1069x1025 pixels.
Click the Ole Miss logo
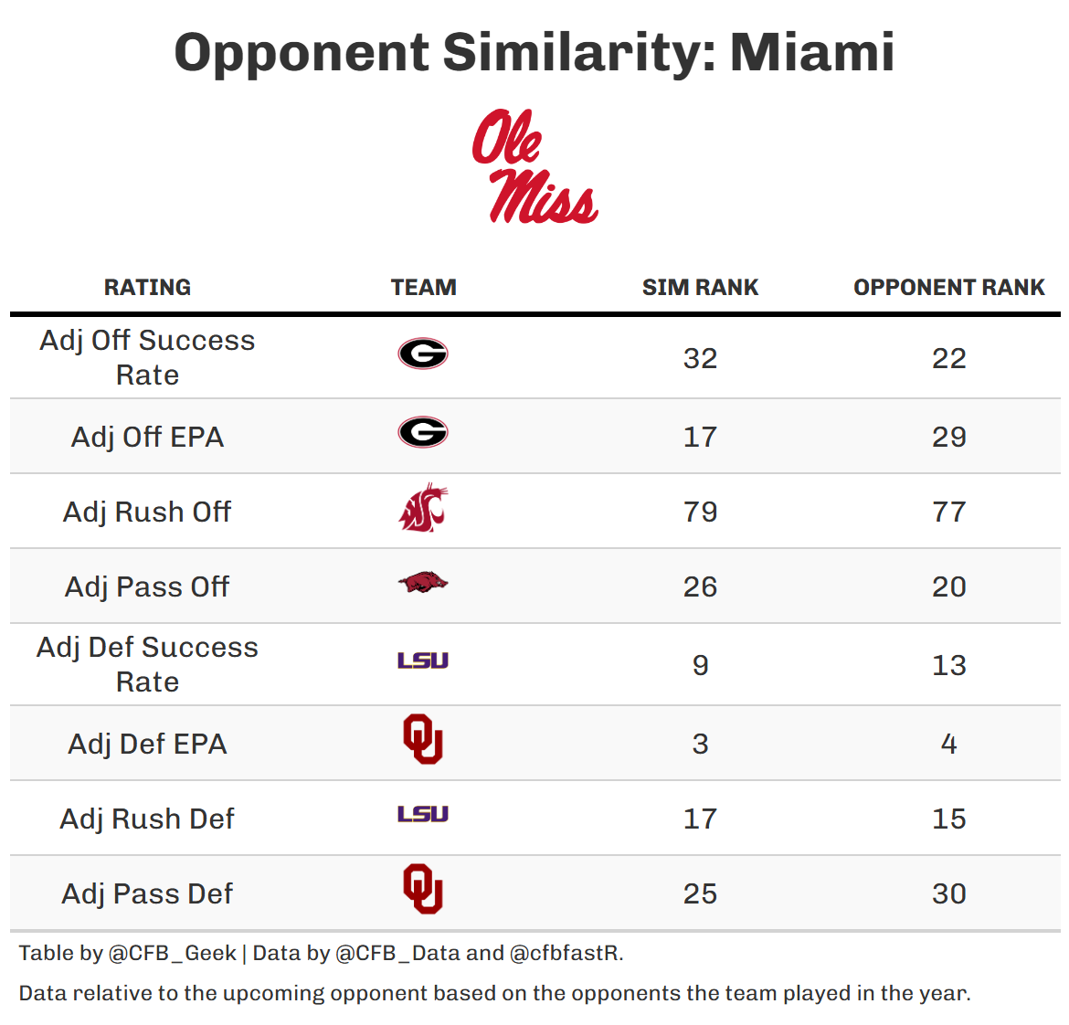coord(534,166)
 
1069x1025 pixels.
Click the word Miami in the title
coord(811,52)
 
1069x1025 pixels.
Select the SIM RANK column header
coord(700,287)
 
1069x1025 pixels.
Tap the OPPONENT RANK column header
coord(948,287)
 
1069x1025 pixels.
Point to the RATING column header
coord(147,287)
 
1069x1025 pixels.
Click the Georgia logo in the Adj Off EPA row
coord(423,432)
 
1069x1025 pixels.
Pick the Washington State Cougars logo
coord(423,510)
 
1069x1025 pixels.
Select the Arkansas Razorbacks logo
coord(423,583)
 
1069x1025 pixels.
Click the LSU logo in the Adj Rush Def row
coord(423,814)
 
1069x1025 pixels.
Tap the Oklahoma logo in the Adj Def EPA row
coord(423,739)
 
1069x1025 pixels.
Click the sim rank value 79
coord(700,512)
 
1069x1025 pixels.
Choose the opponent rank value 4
coord(948,744)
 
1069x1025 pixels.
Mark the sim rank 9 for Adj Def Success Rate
coord(700,665)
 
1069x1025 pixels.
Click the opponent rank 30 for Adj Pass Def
coord(948,893)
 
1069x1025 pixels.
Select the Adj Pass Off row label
coord(147,586)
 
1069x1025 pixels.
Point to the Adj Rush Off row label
coord(147,512)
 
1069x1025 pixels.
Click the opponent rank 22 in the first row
coord(948,358)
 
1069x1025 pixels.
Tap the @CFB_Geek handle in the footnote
coord(172,953)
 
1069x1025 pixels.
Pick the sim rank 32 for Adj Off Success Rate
coord(700,358)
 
